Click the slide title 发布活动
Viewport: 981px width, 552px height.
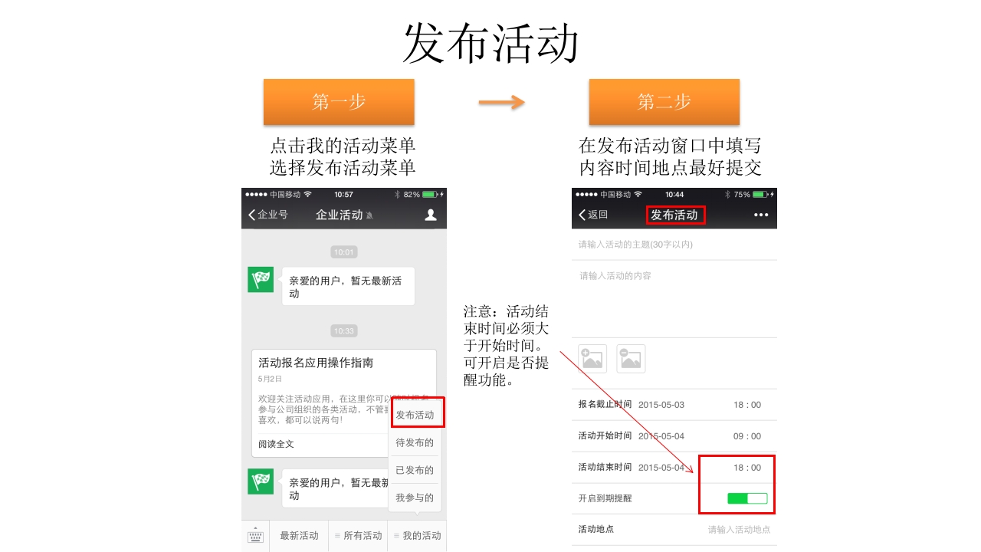coord(490,43)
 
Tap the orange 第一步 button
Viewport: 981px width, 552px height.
coord(339,101)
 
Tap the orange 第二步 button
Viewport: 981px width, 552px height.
coord(664,101)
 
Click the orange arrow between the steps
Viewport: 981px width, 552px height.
coord(501,102)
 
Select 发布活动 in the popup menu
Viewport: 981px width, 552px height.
coord(415,415)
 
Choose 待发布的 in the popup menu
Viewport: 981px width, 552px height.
coord(415,442)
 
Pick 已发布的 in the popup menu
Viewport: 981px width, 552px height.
coord(415,470)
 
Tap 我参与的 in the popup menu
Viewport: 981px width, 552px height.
coord(415,498)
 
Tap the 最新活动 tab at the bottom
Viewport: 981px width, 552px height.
coord(299,536)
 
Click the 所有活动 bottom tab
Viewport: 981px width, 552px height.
coord(358,536)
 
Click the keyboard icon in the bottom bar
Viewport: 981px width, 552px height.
coord(255,536)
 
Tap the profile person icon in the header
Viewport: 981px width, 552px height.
coord(431,215)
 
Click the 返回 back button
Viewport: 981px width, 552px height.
coord(593,215)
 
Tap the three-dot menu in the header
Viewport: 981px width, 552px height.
coord(760,215)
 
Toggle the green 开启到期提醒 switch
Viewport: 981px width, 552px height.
coord(747,498)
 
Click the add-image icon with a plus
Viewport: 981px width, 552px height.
coord(592,358)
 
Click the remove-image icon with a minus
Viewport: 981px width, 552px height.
coord(631,358)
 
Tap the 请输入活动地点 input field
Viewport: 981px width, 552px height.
coord(739,529)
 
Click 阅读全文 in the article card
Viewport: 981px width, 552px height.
coord(276,444)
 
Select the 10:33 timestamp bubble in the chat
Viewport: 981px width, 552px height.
coord(344,331)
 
